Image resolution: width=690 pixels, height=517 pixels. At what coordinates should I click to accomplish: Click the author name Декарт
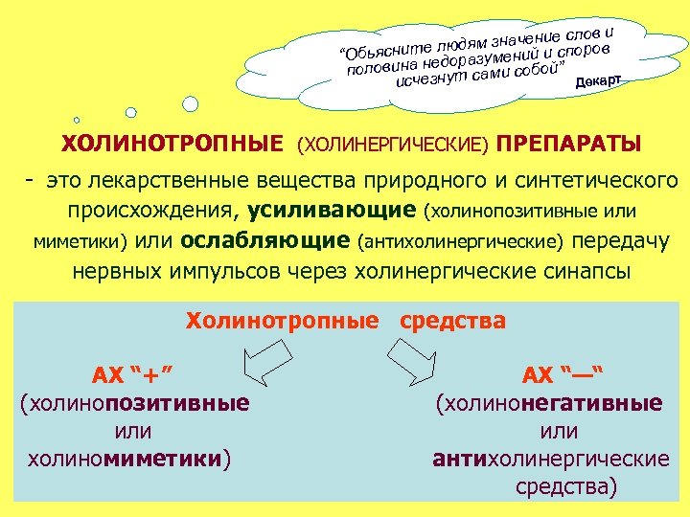(599, 81)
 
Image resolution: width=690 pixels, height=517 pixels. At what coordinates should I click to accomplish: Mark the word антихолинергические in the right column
(551, 459)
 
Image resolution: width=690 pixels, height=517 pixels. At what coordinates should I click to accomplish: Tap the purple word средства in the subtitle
(451, 321)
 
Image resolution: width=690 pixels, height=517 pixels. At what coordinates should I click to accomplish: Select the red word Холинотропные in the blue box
(282, 321)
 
